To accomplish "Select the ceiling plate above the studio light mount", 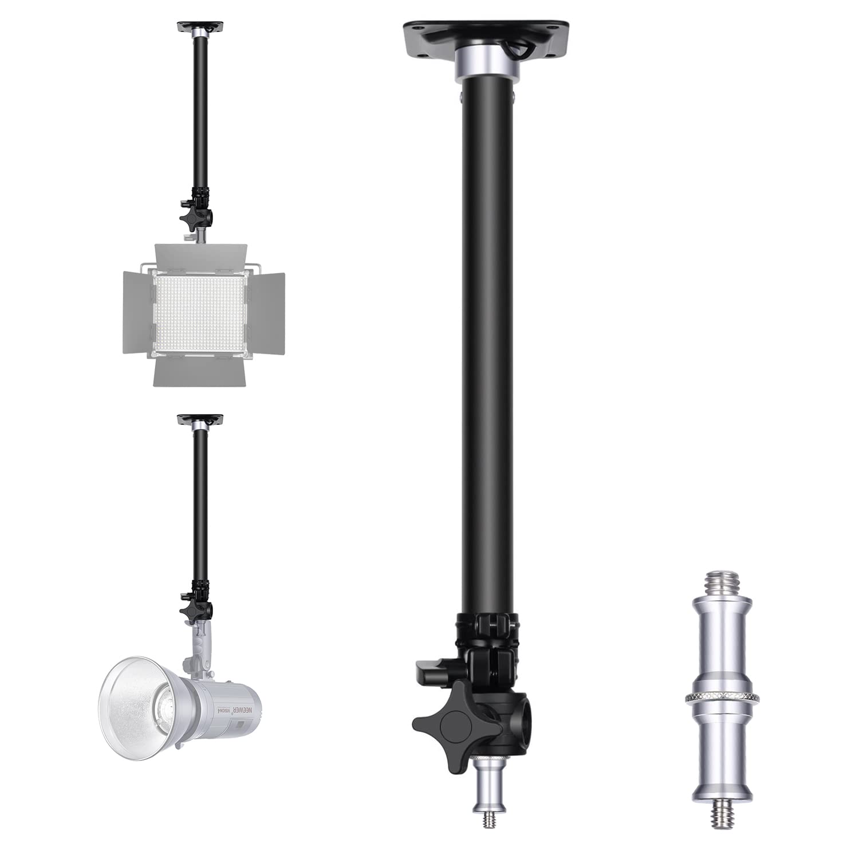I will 200,420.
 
